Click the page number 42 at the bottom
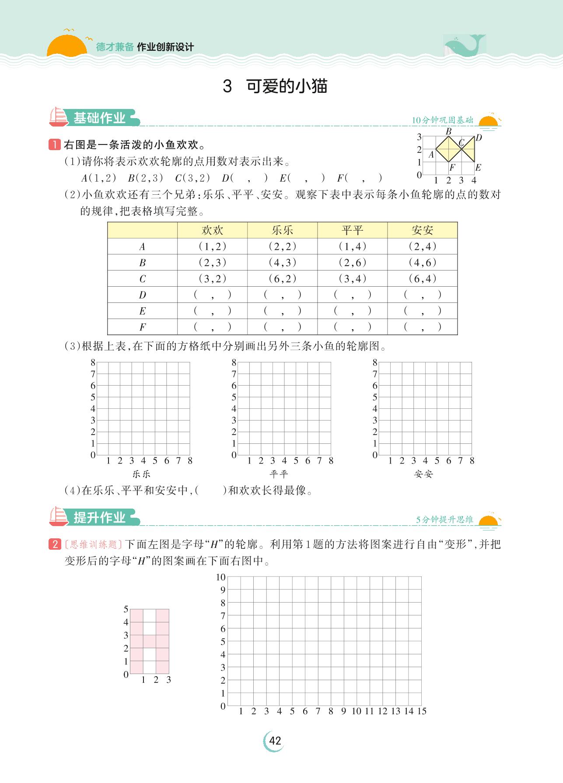(275, 741)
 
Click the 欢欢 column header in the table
(212, 230)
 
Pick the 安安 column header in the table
(422, 230)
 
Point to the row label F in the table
(142, 327)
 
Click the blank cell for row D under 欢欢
(212, 295)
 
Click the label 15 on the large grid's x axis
(421, 711)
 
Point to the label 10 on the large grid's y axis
(220, 577)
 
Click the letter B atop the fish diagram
(448, 131)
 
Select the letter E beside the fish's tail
(478, 167)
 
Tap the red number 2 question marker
(55, 544)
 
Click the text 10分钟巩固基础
(443, 120)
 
